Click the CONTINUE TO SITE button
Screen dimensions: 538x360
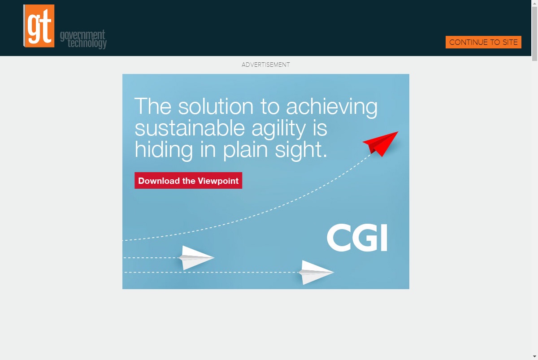tap(483, 42)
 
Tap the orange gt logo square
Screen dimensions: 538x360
tap(39, 26)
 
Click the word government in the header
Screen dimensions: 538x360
tap(82, 35)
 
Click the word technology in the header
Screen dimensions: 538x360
tap(87, 43)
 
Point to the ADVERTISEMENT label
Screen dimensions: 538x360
tap(265, 65)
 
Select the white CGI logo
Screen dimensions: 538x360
tap(357, 238)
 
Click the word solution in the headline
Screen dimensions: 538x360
tap(216, 106)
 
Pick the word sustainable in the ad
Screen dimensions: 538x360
tap(190, 128)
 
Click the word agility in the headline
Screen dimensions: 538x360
tap(278, 130)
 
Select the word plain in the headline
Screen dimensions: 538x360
tap(245, 151)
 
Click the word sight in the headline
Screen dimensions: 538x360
tap(301, 151)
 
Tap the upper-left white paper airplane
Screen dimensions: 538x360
tap(196, 258)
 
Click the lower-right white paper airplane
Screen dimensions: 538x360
tap(316, 272)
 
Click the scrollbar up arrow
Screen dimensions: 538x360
tap(534, 3)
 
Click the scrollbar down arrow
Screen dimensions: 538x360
tap(534, 357)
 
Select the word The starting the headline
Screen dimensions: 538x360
tap(153, 106)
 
